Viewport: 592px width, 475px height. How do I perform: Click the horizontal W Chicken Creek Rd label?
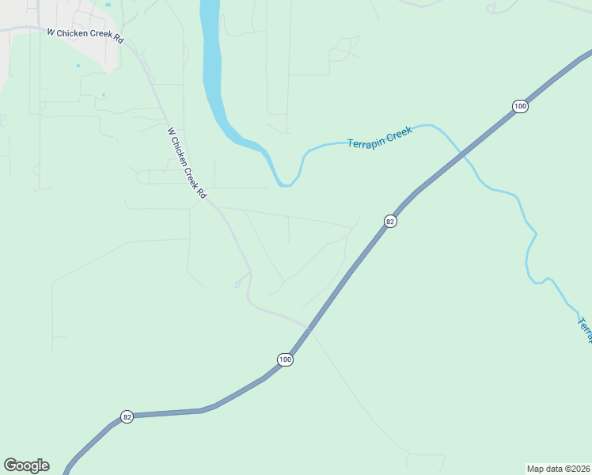[x=85, y=36]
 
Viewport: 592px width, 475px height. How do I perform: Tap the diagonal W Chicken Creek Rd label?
[x=187, y=163]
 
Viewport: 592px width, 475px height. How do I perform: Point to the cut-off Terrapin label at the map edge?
[x=585, y=329]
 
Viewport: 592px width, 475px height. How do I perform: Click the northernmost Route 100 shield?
[x=519, y=106]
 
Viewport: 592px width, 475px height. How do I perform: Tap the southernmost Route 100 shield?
[x=285, y=359]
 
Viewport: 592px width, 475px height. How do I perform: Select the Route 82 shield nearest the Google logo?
[x=127, y=416]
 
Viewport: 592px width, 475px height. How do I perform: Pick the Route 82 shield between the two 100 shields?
[x=390, y=222]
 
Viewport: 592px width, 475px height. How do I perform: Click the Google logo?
[x=26, y=465]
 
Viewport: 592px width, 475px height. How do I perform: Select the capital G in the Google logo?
[x=10, y=465]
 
